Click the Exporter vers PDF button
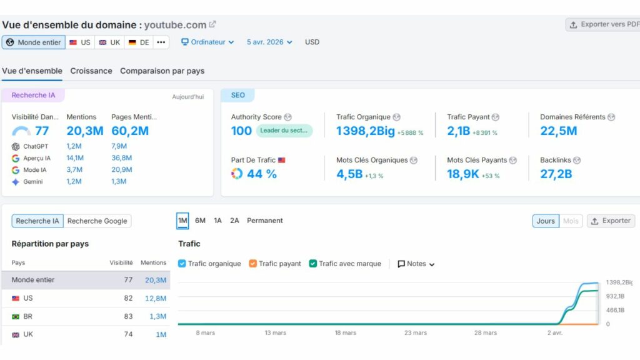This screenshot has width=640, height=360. point(604,24)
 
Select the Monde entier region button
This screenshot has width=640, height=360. point(34,42)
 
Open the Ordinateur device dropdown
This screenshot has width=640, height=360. point(207,42)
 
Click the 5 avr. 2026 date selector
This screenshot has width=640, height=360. point(269,42)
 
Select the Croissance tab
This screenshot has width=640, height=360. point(91,71)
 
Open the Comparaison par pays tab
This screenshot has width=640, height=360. point(162,71)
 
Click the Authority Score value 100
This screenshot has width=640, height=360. point(241,131)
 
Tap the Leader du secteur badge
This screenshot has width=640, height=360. point(284,131)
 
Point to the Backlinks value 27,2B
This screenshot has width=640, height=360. point(556,174)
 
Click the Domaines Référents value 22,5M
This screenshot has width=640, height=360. point(558,131)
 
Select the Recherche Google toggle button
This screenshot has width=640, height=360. point(97,221)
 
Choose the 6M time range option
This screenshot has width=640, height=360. point(200,221)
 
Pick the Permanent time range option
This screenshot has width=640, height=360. point(264,221)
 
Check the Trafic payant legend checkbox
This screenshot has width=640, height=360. point(253,264)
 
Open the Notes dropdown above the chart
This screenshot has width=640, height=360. point(416,264)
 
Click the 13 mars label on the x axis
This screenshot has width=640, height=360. point(275,333)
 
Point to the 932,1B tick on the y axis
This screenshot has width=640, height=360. point(615,296)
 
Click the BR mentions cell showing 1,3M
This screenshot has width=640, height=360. point(157,316)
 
